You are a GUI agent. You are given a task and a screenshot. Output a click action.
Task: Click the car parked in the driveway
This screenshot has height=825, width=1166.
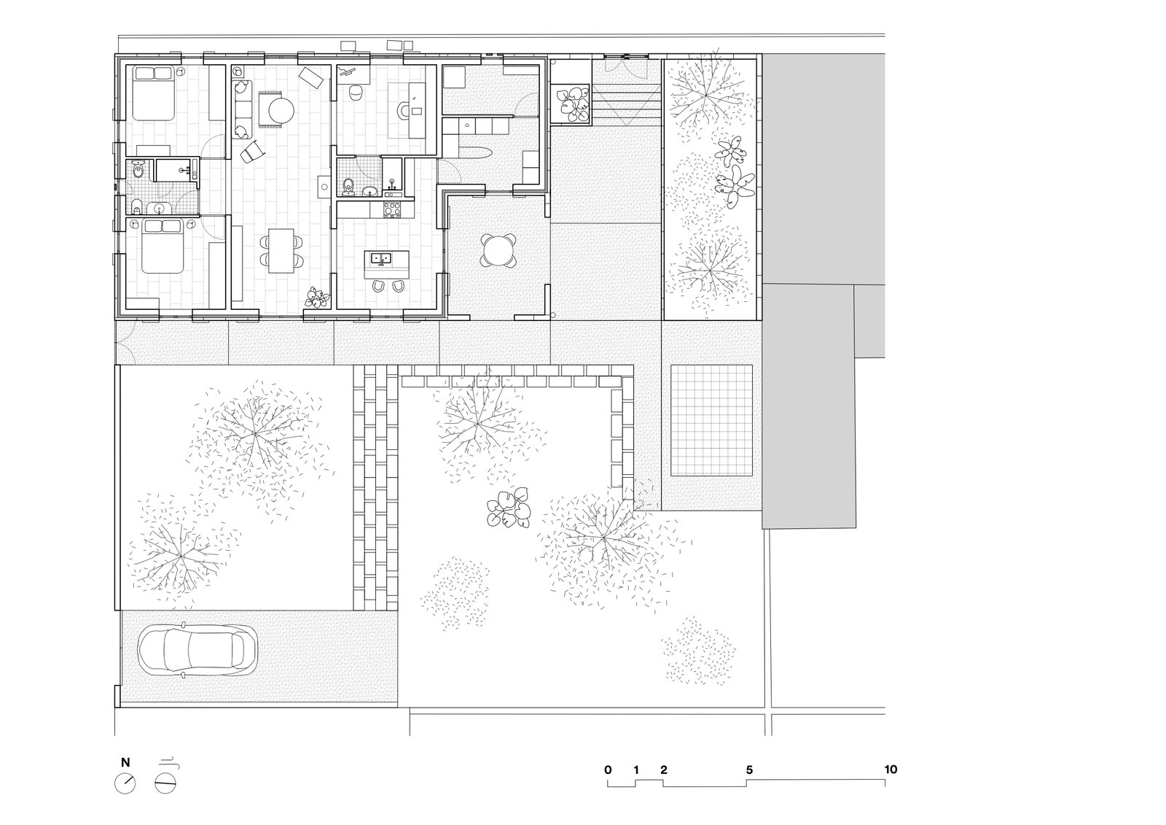197,651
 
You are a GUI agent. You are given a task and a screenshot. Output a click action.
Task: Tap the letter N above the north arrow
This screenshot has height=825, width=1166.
125,762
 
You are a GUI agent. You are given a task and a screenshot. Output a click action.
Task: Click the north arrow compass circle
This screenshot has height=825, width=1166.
125,783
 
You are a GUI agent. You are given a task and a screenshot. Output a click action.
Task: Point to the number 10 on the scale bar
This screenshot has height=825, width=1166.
891,770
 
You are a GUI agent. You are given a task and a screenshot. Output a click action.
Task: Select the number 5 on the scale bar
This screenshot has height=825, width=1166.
750,770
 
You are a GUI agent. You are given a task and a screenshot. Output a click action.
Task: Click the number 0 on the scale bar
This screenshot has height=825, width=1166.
608,770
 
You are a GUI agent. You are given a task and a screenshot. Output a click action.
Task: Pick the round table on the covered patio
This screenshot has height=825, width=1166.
498,251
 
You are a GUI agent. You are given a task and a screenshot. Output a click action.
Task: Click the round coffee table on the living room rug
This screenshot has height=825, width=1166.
281,110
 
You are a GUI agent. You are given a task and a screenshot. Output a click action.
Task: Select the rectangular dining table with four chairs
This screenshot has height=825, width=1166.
281,251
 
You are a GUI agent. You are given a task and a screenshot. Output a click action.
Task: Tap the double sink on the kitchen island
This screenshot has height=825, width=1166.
382,258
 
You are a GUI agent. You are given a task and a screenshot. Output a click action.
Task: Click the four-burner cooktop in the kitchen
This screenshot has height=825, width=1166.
392,209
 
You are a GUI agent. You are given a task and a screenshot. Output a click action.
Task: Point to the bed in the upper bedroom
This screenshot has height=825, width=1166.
152,93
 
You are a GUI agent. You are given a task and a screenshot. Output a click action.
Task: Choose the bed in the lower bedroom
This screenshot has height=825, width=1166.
163,246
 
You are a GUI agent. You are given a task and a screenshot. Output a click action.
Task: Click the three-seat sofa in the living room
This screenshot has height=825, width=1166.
242,109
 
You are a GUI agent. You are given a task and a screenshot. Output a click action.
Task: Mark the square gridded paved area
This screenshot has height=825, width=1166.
711,420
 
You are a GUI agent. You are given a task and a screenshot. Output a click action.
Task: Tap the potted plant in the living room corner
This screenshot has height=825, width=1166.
317,298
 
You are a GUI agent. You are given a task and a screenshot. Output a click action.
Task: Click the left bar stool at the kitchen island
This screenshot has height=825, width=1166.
378,286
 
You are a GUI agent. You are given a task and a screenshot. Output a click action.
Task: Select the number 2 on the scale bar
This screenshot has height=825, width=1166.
664,770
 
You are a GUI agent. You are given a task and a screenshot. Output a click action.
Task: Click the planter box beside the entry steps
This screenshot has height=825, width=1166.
571,104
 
